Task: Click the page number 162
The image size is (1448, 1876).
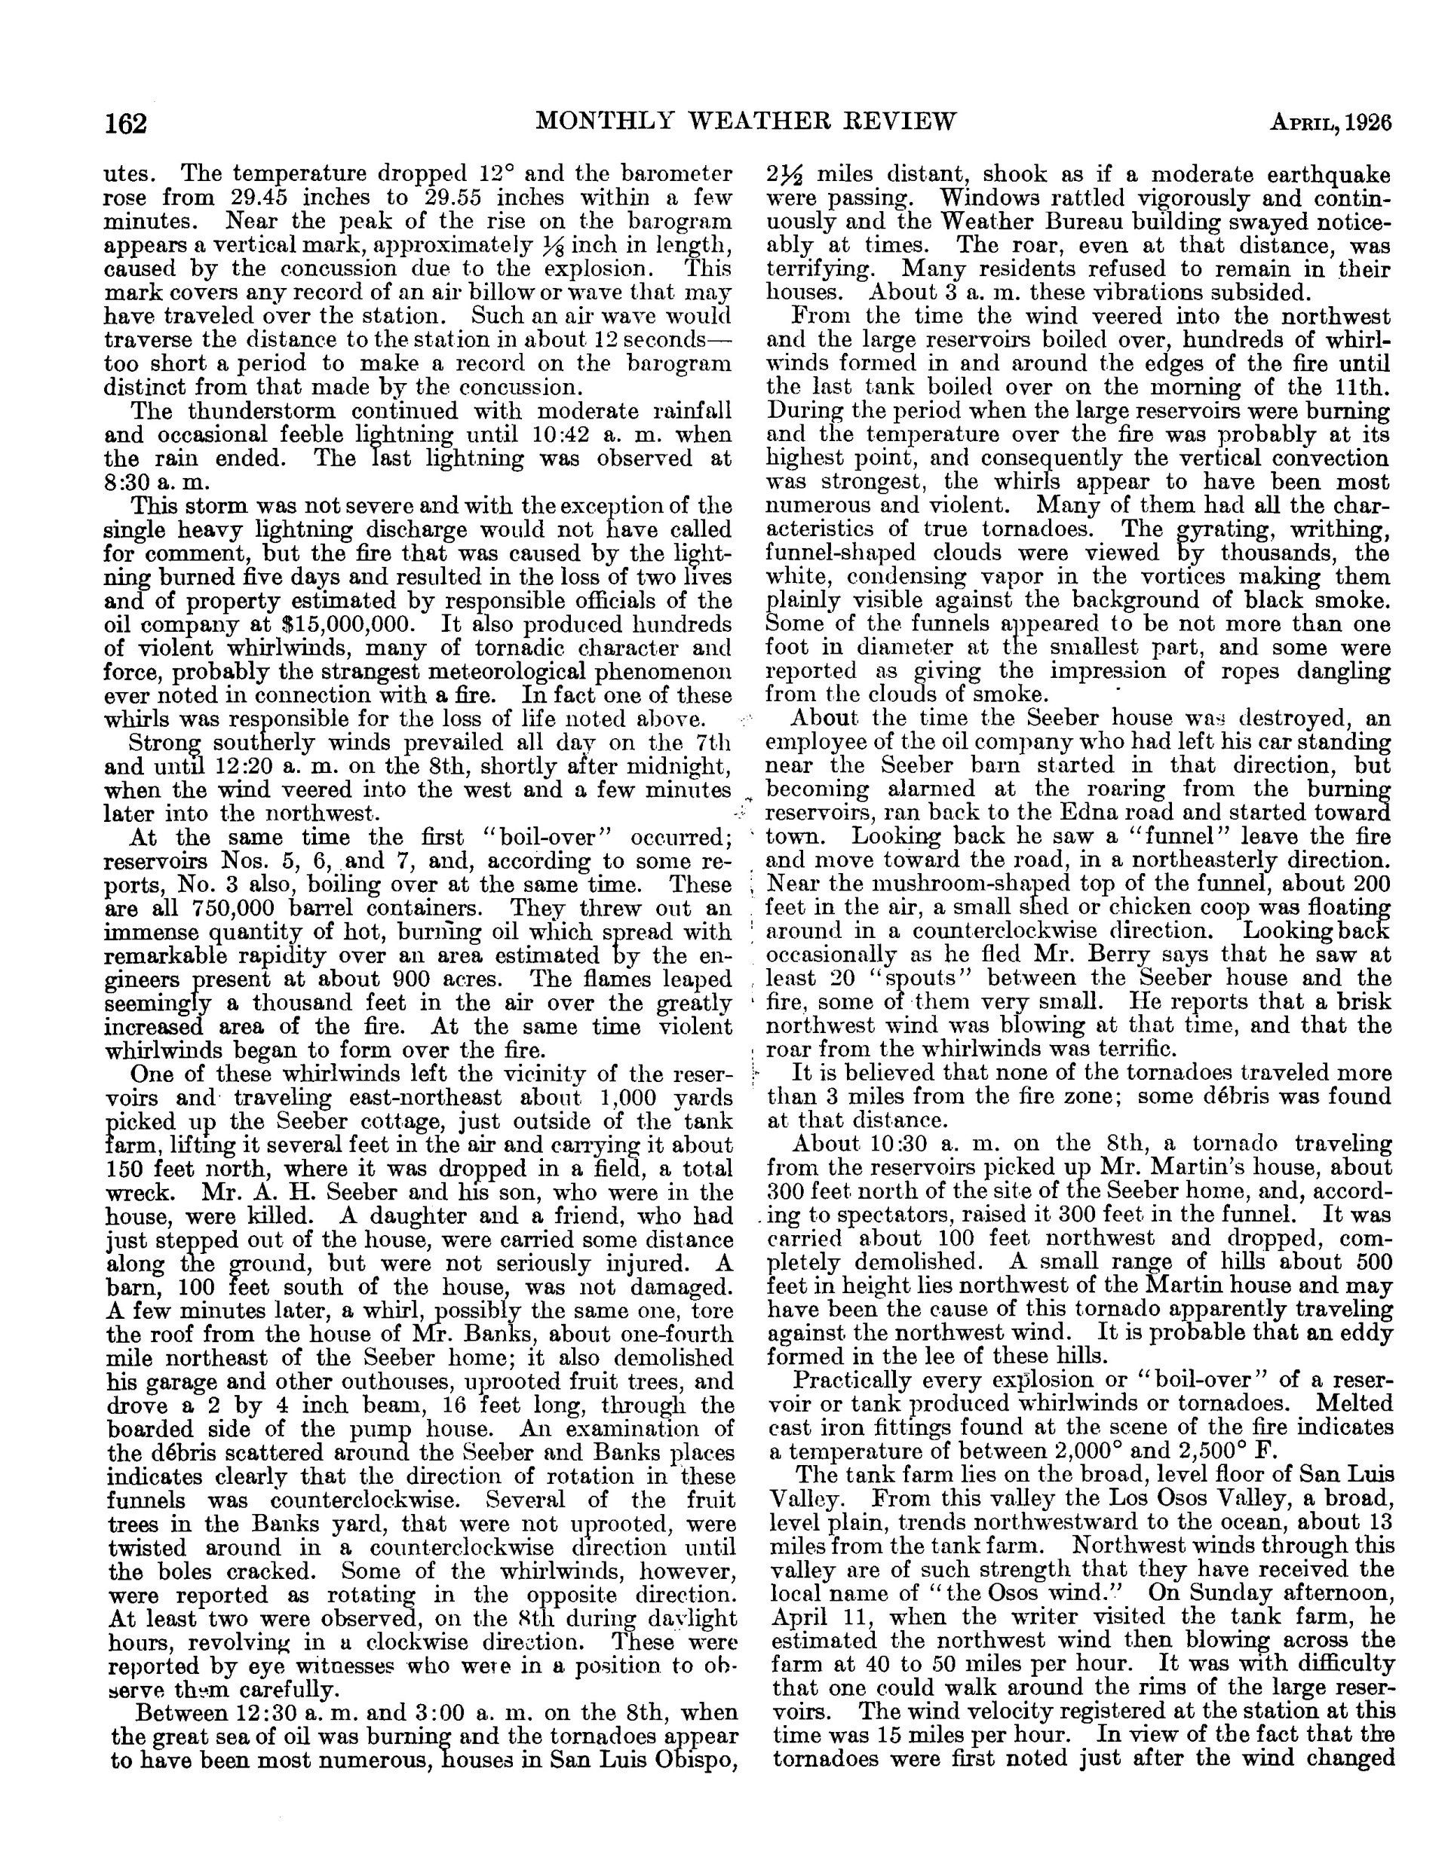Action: (x=127, y=124)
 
